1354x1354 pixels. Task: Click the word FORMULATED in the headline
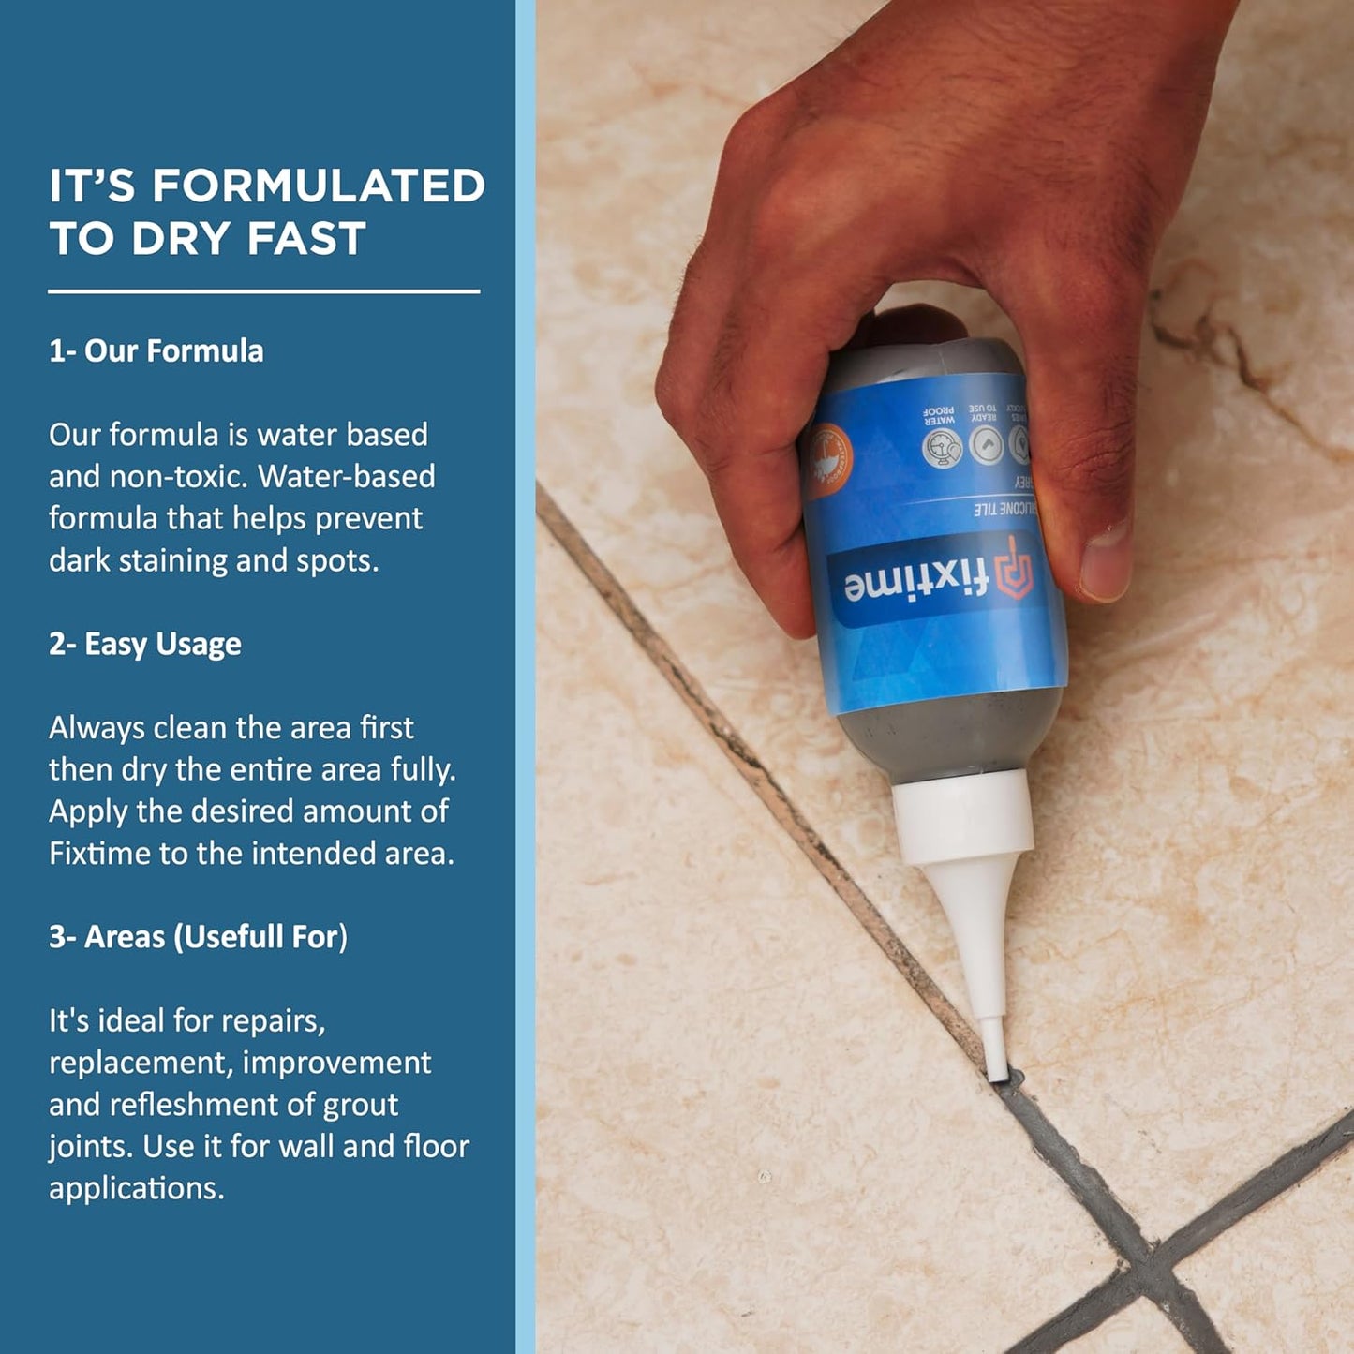(319, 186)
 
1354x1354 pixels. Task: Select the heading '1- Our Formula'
(156, 351)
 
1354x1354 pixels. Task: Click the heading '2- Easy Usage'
(145, 645)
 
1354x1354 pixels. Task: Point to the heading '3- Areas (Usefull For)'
(198, 937)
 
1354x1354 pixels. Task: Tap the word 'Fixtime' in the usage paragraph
(99, 854)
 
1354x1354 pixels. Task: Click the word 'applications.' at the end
(137, 1188)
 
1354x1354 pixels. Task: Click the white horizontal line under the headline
(263, 291)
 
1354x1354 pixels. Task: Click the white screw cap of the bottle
(963, 820)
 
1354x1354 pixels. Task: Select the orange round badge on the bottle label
(828, 458)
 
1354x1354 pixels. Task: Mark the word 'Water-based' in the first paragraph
(347, 477)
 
